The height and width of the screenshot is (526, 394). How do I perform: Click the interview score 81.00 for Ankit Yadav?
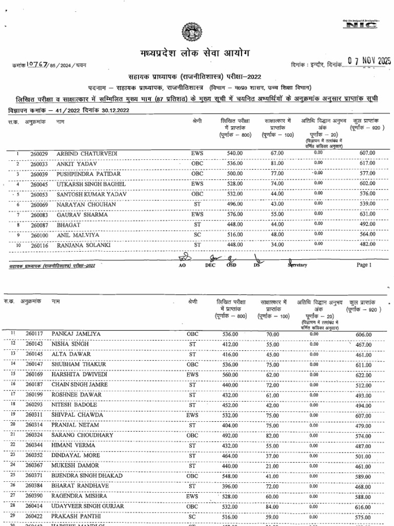(278, 164)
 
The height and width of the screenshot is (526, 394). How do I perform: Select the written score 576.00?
(234, 214)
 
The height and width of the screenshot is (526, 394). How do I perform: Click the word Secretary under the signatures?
(297, 265)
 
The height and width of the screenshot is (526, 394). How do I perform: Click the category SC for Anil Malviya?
(197, 235)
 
